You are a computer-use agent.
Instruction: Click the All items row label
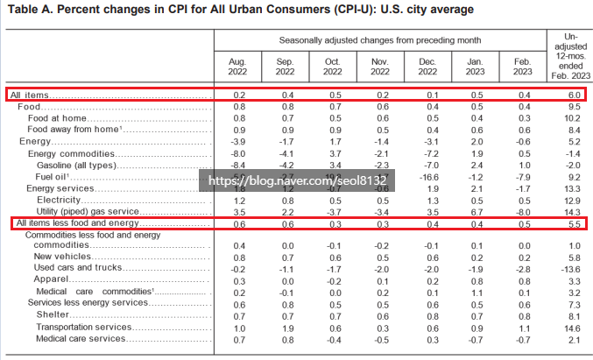click(x=31, y=94)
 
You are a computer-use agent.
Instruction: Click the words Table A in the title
click(x=31, y=10)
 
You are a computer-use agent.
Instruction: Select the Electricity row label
click(x=59, y=200)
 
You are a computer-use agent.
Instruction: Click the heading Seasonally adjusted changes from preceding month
click(x=378, y=40)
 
